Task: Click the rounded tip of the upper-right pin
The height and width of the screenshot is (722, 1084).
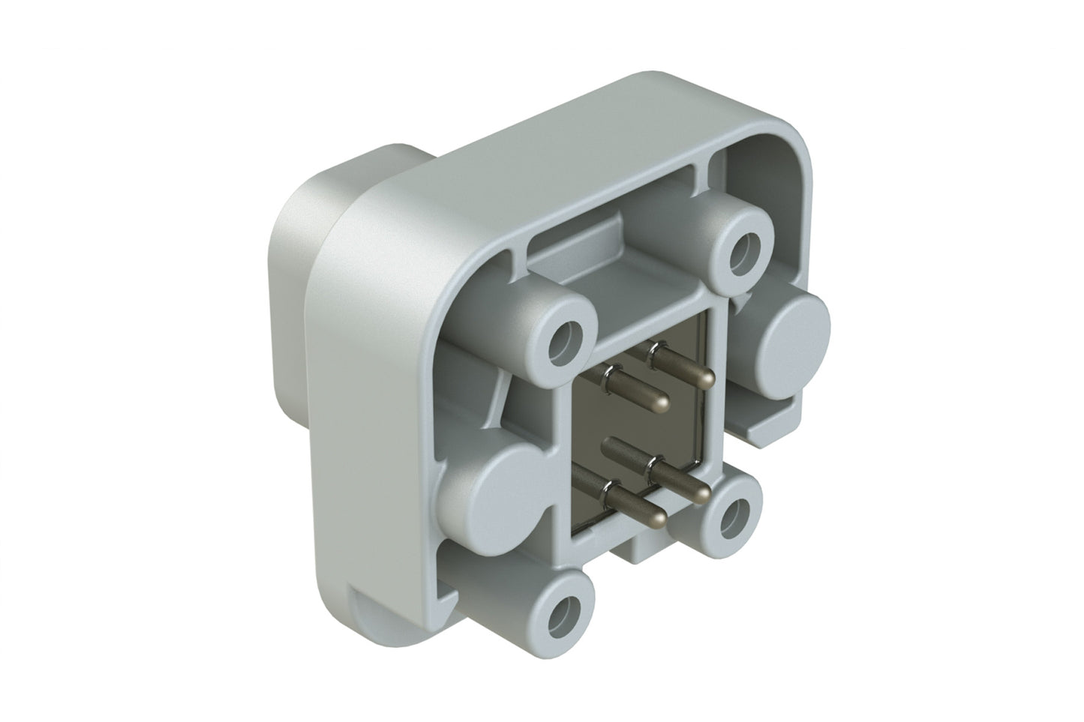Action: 706,379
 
